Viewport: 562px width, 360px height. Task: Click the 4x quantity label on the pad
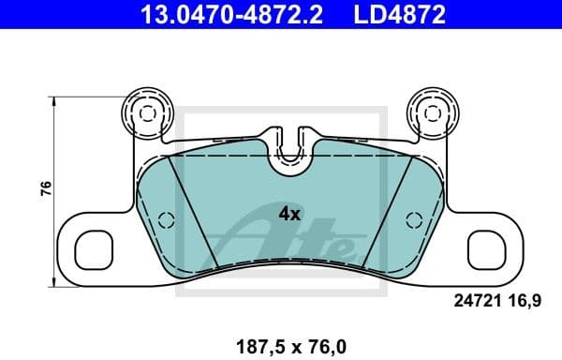[289, 213]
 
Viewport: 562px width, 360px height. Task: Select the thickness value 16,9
[524, 301]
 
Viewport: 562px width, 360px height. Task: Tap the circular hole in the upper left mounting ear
[145, 112]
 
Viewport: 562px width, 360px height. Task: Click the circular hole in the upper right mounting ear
[431, 112]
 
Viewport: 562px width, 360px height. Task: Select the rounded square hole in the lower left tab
[94, 248]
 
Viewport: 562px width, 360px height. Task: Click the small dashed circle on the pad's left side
[166, 221]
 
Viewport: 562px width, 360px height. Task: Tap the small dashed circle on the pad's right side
[410, 221]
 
